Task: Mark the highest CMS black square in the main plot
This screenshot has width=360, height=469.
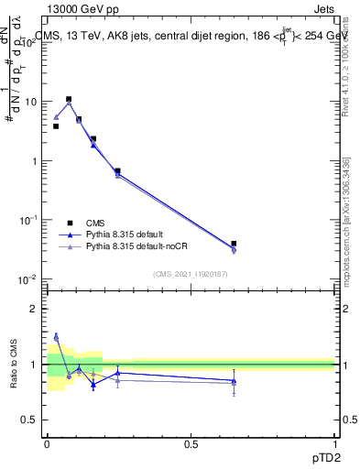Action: (69, 99)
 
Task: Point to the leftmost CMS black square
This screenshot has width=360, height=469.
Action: (56, 126)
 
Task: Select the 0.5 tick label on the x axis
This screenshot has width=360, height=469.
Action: (191, 443)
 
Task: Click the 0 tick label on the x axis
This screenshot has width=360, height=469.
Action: (47, 443)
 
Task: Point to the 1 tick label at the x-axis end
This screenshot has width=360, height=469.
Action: (335, 443)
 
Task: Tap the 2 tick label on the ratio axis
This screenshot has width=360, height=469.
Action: (33, 309)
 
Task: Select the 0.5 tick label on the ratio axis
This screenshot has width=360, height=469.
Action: (29, 420)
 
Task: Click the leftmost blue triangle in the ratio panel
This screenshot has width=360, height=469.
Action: (56, 336)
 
